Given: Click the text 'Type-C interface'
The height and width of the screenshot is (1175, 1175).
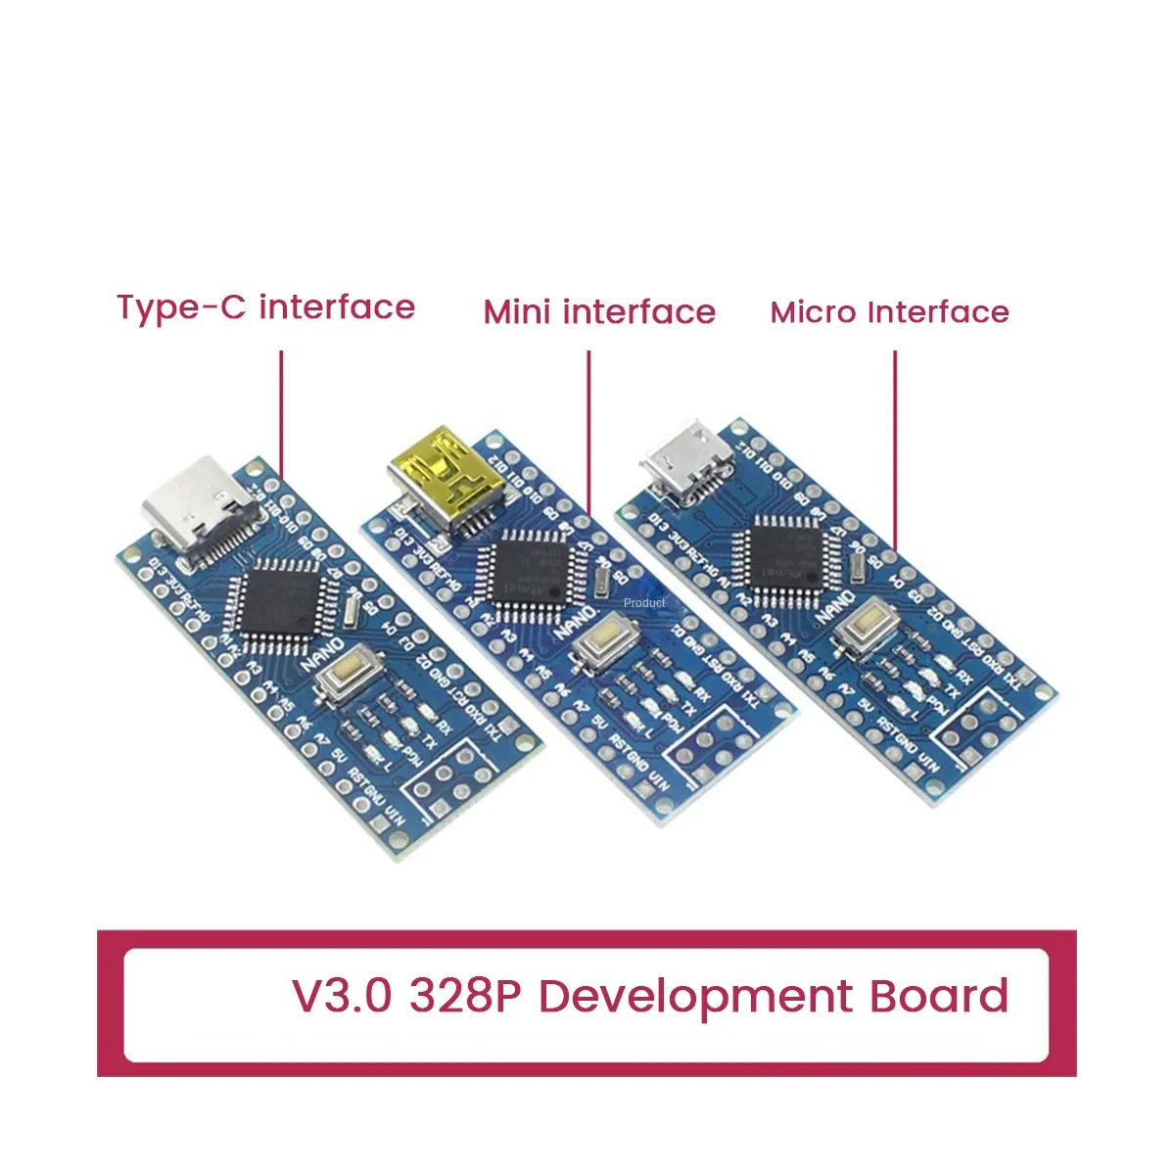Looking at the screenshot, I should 266,307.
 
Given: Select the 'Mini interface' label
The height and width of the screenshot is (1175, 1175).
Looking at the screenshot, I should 599,312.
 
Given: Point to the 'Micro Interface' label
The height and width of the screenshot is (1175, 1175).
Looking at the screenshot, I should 889,312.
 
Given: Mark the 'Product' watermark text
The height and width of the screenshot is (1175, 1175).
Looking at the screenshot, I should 644,603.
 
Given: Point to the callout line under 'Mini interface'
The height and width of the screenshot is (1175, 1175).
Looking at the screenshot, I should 589,431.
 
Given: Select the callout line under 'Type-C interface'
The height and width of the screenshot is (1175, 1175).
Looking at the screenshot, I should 282,411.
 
